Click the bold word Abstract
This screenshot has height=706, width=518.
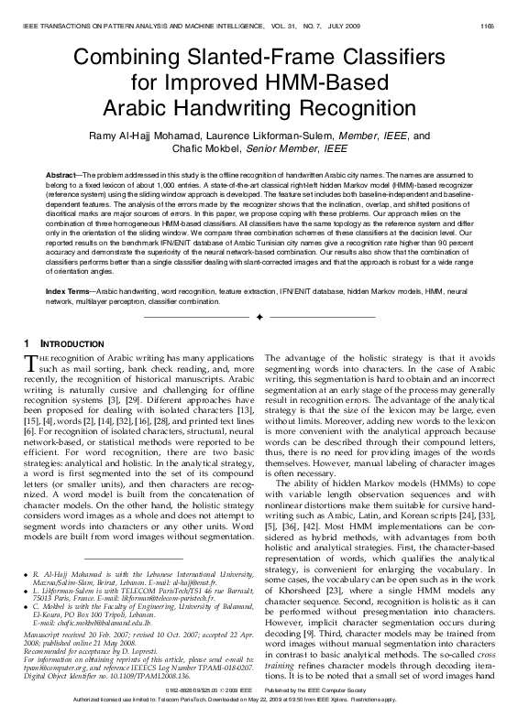click(x=61, y=174)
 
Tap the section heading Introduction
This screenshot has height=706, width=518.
click(x=66, y=342)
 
